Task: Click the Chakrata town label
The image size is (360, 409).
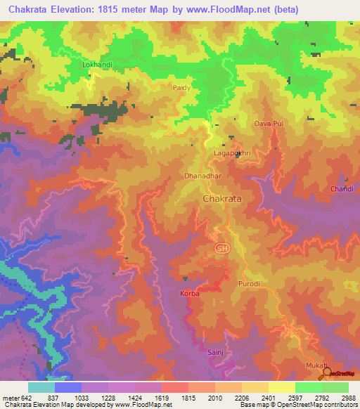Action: (221, 200)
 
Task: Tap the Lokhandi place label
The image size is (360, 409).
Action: (98, 65)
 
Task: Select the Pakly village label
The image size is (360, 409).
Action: (181, 88)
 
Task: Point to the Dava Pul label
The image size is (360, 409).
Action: (268, 124)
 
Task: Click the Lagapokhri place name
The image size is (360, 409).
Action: (231, 152)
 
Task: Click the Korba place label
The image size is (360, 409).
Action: (190, 293)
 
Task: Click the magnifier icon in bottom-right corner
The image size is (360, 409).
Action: (326, 375)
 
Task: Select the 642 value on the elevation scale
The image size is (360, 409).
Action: (20, 397)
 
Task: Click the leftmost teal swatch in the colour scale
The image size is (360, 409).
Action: (41, 387)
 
